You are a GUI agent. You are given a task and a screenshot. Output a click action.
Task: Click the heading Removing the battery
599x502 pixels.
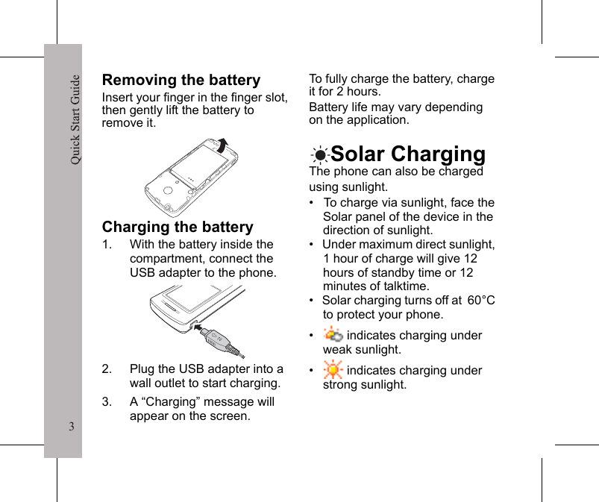[181, 80]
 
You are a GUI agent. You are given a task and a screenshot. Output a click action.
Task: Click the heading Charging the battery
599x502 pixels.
[178, 227]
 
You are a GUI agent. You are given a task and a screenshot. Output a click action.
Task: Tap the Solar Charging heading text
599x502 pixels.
[407, 154]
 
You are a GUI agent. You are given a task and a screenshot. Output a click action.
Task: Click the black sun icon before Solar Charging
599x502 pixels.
[319, 155]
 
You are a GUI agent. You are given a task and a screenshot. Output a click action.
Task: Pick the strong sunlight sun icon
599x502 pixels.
[333, 369]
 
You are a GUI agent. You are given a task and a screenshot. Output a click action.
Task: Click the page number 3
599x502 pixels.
[71, 427]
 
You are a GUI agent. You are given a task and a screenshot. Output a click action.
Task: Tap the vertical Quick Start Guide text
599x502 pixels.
[75, 119]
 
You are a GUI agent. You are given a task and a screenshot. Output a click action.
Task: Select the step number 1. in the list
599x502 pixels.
[108, 245]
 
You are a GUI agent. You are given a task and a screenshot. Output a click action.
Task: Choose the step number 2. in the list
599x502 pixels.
[108, 369]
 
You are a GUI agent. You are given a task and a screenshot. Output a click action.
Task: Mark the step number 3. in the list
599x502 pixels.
[108, 402]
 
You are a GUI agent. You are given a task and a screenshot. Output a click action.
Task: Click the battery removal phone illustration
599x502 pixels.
[192, 176]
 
